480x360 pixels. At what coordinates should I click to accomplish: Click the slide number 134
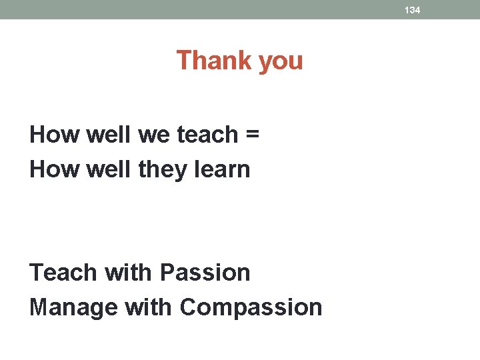point(412,10)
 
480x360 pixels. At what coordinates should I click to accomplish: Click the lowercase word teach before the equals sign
point(207,135)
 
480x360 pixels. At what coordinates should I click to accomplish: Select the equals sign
point(251,135)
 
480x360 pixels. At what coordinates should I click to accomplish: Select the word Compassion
point(251,309)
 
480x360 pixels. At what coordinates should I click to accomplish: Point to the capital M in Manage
point(39,307)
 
